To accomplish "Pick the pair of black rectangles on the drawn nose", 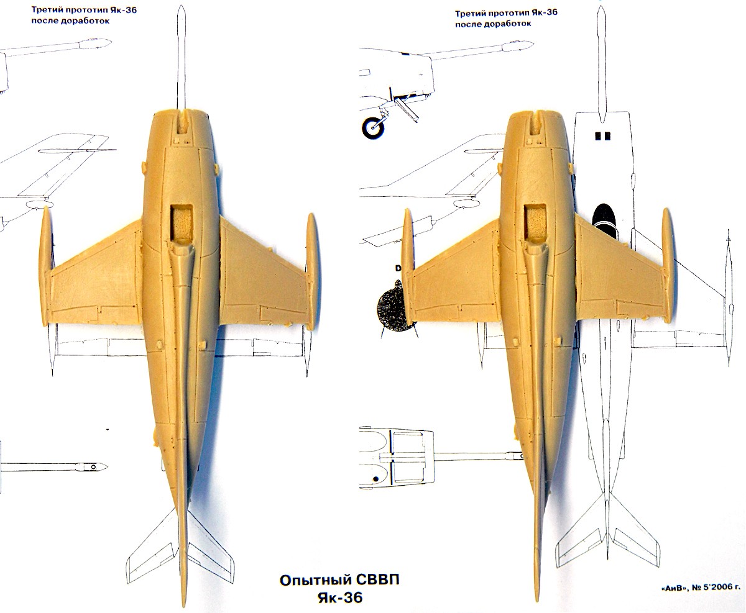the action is tap(601, 135).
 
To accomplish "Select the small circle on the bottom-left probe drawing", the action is tap(93, 466).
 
